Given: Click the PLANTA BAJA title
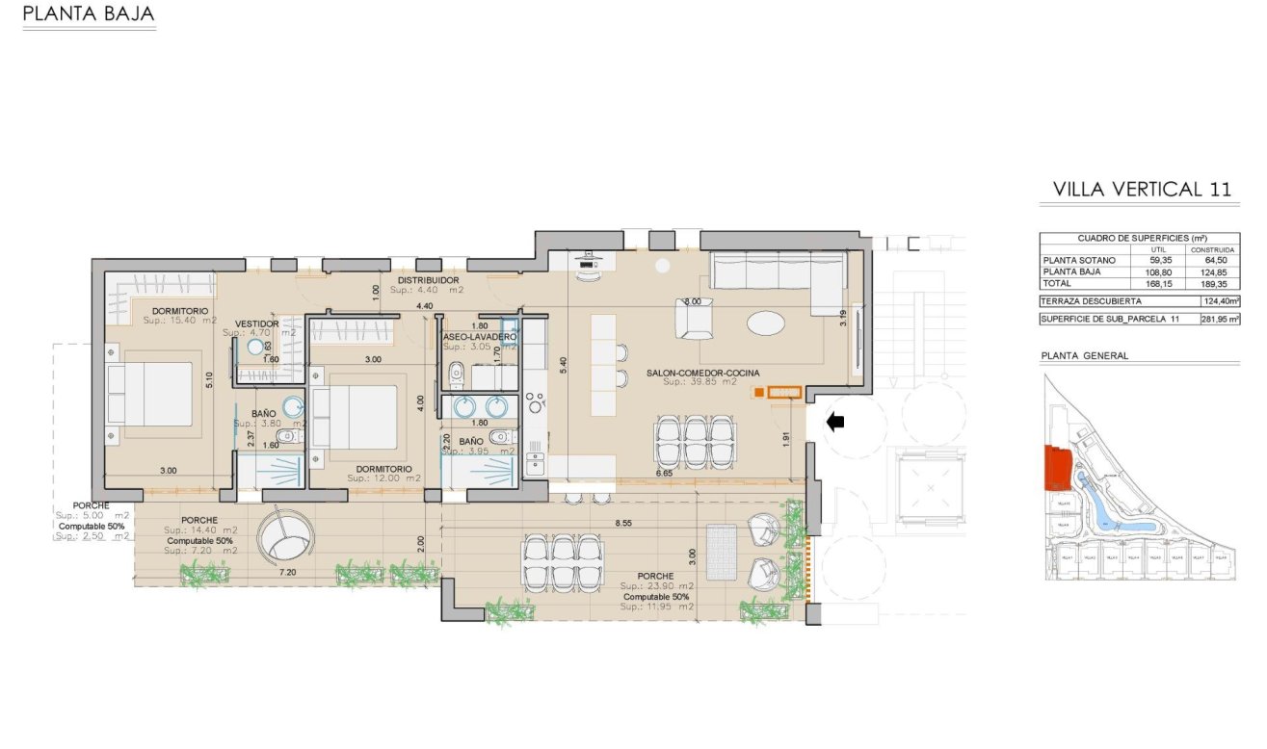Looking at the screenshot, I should (x=88, y=14).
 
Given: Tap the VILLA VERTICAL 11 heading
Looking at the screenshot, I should (x=1142, y=189).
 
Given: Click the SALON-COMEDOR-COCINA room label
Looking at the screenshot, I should (x=690, y=373).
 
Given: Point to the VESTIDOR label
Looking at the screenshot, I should (x=257, y=323).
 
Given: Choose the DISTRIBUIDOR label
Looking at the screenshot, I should (x=429, y=280).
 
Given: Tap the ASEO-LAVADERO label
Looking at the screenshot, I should (x=479, y=337).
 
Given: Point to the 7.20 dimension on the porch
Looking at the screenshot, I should (x=287, y=572).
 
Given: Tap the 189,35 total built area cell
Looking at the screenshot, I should (x=1218, y=284).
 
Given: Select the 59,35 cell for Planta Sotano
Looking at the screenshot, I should (x=1158, y=260).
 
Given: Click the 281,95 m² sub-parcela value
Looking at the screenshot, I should (x=1219, y=319).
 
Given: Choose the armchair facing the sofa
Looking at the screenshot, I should (x=694, y=320).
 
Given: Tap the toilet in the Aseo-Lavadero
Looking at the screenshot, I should (x=458, y=373).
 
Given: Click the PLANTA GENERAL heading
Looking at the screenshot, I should (x=1084, y=355).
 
